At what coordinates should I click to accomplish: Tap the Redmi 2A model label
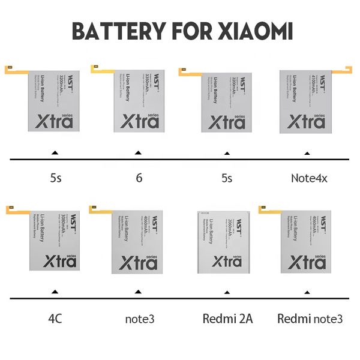coord(227,318)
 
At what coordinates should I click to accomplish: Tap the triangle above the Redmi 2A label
coord(227,292)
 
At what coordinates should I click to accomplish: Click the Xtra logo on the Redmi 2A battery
coord(227,262)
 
